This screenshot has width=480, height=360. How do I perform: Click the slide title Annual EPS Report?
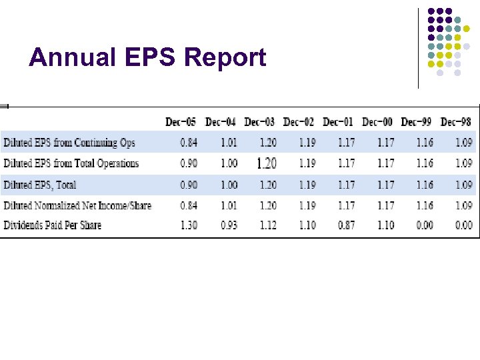tap(147, 58)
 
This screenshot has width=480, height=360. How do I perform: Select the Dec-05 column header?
tap(181, 122)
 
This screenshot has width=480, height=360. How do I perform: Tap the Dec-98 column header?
tap(456, 122)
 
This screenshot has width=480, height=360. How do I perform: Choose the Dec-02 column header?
tap(299, 122)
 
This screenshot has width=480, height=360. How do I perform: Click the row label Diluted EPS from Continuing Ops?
tap(69, 143)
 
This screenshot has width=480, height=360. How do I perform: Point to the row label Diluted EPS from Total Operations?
tap(71, 163)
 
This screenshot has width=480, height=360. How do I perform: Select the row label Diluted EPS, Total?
tap(40, 185)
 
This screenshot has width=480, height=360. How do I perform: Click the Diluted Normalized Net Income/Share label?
tap(77, 205)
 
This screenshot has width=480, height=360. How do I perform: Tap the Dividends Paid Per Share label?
tap(53, 225)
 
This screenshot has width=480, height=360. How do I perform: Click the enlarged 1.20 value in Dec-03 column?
tap(267, 163)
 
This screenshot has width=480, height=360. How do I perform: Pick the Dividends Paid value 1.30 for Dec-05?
tap(189, 225)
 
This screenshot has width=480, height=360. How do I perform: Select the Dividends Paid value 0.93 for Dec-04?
tap(228, 225)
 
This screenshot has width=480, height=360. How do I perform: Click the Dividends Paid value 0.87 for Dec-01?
tap(346, 225)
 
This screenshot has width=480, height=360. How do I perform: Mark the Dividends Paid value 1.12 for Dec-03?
tap(267, 225)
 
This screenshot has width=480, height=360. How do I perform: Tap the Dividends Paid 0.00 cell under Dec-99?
tap(425, 225)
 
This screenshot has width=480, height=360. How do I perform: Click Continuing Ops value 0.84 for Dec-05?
tap(189, 143)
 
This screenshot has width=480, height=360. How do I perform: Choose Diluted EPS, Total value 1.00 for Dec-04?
tap(228, 185)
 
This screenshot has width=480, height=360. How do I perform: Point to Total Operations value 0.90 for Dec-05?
tap(189, 163)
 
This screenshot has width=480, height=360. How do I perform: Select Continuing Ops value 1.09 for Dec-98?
tap(464, 143)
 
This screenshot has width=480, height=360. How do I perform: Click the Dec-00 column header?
tap(377, 122)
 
